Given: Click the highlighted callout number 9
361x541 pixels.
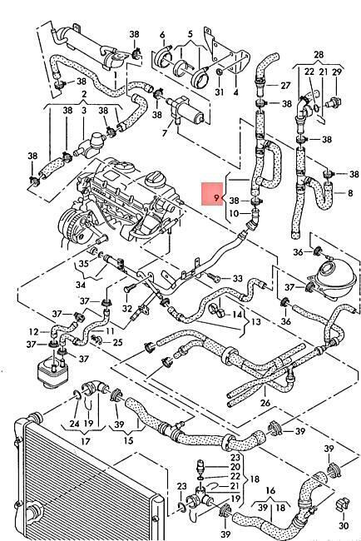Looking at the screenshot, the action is (216, 198).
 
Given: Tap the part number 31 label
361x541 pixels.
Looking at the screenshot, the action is (220, 92).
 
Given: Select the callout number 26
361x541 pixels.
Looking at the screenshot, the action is (265, 403).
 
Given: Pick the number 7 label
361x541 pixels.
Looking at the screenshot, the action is (162, 35).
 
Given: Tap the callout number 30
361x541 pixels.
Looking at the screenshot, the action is (165, 132).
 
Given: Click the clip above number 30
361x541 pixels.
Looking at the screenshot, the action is (344, 525).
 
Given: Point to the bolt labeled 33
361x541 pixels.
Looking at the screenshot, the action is (238, 278).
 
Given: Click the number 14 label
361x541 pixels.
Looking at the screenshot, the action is (215, 277).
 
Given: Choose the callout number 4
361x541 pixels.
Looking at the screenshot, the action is (237, 315).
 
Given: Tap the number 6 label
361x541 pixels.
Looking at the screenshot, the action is (236, 92).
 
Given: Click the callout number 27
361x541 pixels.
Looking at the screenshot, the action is (162, 35).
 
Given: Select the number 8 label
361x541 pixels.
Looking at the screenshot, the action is (285, 85).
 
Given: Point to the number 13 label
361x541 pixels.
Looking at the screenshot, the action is (350, 193).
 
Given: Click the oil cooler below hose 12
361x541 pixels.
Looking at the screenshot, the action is (256, 321).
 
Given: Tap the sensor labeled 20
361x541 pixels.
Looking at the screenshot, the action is (117, 342).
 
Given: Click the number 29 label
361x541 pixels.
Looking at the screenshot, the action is (200, 467).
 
